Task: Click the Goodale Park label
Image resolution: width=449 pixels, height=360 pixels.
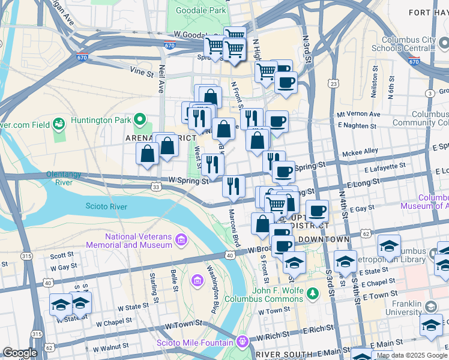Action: click(201, 11)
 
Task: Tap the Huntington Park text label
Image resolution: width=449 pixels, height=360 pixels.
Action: click(100, 120)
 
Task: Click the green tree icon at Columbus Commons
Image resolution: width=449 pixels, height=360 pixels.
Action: click(312, 293)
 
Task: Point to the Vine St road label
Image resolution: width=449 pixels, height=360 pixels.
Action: click(142, 70)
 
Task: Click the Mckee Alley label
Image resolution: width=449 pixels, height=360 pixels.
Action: click(360, 151)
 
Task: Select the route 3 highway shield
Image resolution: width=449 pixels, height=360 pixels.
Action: click(430, 93)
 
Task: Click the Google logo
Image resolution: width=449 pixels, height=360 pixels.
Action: click(20, 353)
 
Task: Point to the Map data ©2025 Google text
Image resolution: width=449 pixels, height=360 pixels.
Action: click(411, 355)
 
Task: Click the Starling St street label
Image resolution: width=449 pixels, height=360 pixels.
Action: click(152, 286)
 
